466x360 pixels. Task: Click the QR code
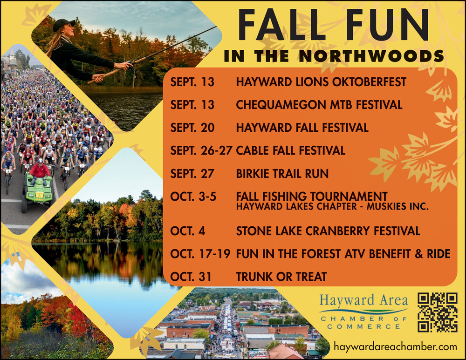coord(438,312)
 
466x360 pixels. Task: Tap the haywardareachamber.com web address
coord(395,346)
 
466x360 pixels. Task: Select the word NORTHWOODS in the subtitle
coord(371,56)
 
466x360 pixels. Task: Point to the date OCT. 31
coord(191,277)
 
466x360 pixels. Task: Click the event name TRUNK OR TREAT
coord(281,277)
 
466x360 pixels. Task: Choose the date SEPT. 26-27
coord(201,150)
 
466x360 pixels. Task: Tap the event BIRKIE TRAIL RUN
coord(282,173)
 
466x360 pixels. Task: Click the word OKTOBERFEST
coord(369,82)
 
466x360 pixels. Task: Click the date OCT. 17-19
coord(200,254)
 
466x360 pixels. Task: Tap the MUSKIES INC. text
coord(397,206)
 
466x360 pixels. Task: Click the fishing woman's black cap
coord(63,24)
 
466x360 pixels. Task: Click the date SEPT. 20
coord(192,128)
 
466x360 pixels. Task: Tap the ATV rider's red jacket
coord(40,171)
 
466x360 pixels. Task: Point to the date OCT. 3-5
coord(193,197)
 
